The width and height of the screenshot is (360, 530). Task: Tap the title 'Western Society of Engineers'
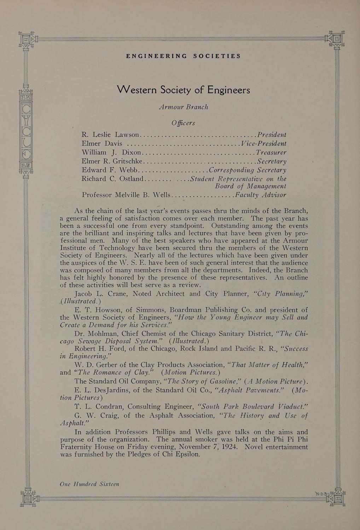coord(183,90)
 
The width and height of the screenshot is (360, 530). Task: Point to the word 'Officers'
coord(183,123)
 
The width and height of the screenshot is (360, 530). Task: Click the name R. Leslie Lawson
coord(111,135)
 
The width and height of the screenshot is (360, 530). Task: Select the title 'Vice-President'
coord(263,143)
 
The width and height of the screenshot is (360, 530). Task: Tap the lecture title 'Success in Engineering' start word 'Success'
coord(296,349)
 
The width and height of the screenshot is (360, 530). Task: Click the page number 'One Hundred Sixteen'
coord(89,484)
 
